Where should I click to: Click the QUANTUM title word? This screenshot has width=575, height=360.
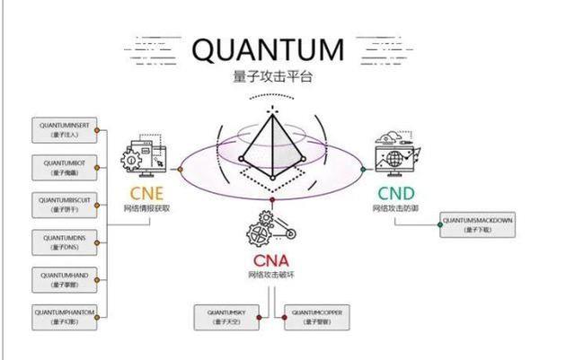[268, 51]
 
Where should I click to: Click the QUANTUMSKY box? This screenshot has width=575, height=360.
[228, 315]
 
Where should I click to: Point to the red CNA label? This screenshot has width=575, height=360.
[271, 260]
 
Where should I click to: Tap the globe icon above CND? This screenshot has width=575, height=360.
[396, 156]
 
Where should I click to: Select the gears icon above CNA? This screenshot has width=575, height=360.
[269, 228]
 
